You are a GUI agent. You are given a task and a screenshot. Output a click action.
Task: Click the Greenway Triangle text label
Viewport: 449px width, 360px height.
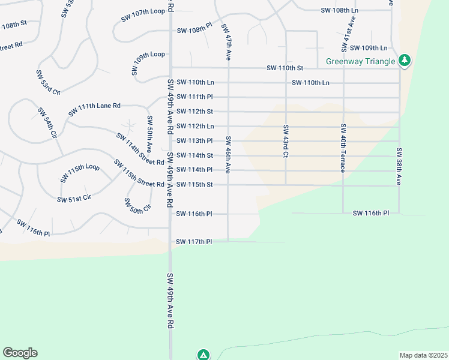360,61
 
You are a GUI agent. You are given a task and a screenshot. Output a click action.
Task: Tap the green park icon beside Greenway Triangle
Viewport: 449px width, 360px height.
405,60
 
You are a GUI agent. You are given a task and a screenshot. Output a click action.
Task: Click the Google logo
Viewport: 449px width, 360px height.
20,353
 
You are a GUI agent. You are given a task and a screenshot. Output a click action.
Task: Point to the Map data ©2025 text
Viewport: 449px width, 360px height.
423,355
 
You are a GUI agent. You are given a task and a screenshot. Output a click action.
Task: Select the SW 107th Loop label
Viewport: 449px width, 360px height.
143,15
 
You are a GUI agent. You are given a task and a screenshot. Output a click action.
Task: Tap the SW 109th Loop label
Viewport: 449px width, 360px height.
148,62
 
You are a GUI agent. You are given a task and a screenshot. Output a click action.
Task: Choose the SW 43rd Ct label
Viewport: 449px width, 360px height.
285,142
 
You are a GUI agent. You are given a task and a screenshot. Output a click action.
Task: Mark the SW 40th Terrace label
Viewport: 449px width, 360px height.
343,148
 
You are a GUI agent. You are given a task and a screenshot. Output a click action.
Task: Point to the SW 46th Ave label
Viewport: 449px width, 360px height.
228,155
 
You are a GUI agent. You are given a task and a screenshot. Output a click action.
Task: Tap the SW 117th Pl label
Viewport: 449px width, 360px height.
194,242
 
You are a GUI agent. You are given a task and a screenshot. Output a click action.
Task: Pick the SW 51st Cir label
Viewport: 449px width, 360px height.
74,199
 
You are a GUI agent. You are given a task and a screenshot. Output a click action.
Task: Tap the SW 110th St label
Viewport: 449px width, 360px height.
285,68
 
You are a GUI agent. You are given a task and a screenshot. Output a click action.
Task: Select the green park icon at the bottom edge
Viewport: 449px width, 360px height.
203,355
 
